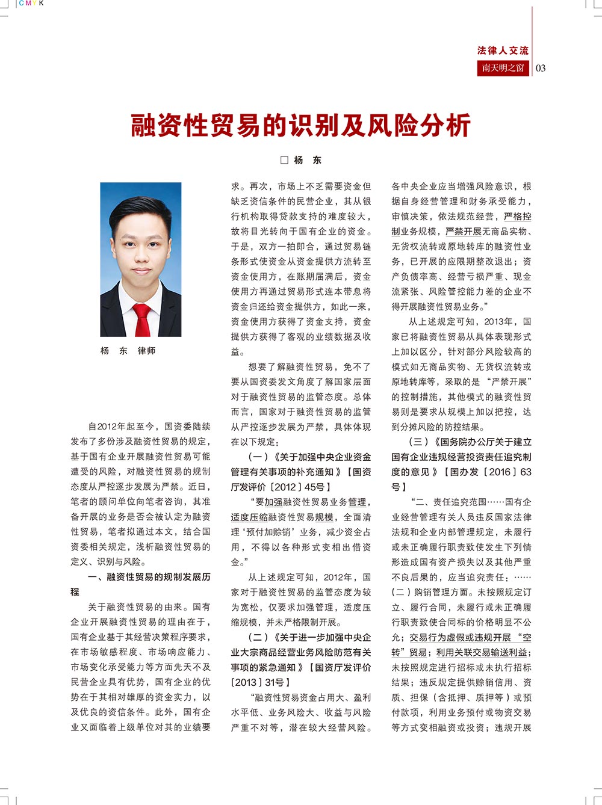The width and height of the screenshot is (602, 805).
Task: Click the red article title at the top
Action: tap(300, 126)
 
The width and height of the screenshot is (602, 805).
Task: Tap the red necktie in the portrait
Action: tap(142, 319)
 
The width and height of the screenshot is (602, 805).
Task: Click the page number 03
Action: tap(541, 68)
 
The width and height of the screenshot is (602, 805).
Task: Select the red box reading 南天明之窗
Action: tap(503, 68)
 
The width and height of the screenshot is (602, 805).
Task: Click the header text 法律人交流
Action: tap(503, 51)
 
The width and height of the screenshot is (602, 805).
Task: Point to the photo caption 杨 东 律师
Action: tap(128, 350)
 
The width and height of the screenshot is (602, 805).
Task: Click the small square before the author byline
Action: tap(285, 160)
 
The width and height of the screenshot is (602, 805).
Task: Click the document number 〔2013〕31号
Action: tap(261, 682)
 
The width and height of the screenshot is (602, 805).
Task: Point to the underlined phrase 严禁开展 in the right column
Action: tap(464, 232)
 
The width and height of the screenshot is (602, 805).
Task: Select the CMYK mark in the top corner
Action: tap(31, 4)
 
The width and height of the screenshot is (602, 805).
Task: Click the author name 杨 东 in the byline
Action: tap(308, 160)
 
